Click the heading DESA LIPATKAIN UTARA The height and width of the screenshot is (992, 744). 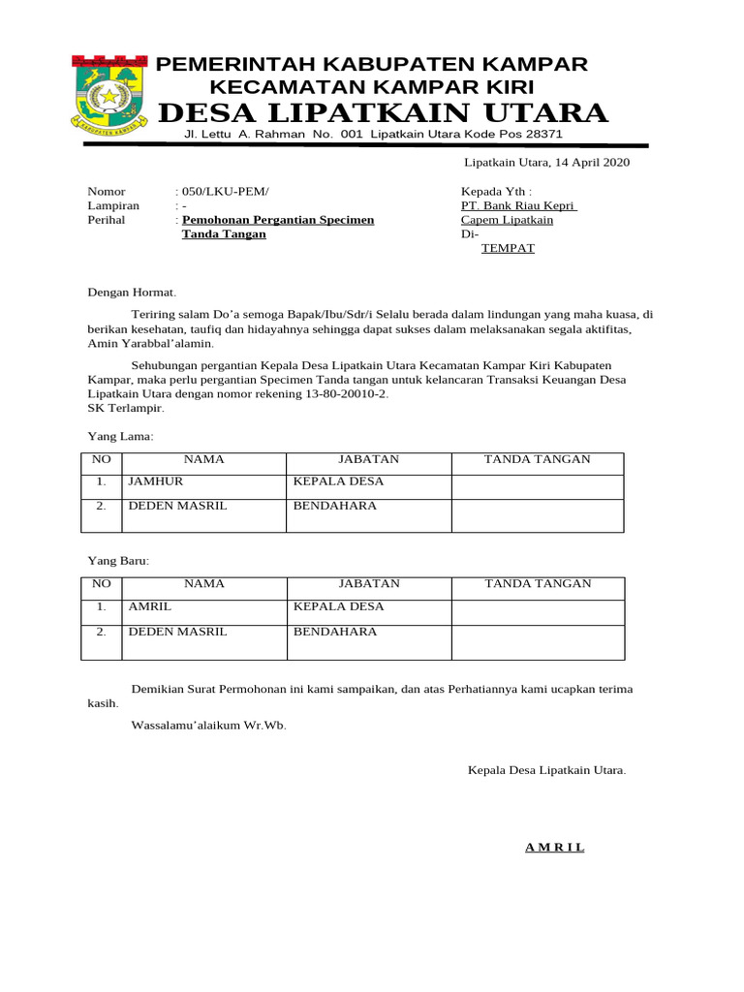click(383, 113)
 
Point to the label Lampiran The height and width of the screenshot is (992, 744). click(113, 206)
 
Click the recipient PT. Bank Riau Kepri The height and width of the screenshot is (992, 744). click(518, 206)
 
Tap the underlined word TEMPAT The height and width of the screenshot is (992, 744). click(508, 248)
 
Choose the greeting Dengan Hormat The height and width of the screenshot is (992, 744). click(133, 291)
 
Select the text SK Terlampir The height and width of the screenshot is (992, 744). click(125, 408)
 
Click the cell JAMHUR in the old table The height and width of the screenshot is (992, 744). click(155, 481)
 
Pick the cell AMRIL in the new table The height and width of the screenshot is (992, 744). click(150, 606)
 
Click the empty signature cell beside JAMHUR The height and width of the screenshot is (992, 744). click(537, 486)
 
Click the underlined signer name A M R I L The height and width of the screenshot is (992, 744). click(554, 848)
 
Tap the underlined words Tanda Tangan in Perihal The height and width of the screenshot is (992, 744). click(224, 234)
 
